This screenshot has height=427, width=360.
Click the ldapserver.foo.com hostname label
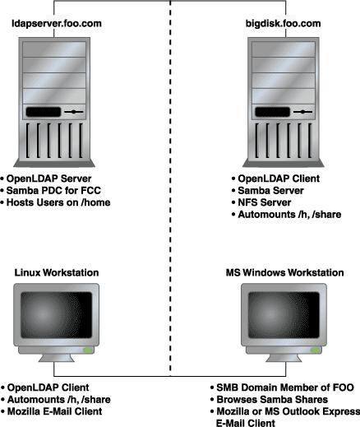pos(57,24)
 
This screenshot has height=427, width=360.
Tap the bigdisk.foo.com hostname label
pos(283,24)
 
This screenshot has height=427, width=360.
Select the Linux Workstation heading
pos(57,272)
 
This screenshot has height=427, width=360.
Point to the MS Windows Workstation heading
pos(284,272)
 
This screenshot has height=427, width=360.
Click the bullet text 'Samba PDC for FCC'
pos(53,190)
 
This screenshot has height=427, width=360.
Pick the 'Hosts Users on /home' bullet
pos(58,202)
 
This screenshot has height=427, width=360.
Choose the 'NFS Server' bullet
pos(265,202)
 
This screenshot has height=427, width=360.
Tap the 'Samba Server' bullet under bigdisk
pos(270,190)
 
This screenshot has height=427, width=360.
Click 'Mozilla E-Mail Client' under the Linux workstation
pos(54,411)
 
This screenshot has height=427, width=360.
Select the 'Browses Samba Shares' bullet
pos(272,399)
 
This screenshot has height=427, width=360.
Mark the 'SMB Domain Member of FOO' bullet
pos(285,388)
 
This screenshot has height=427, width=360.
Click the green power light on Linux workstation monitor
pos(88,350)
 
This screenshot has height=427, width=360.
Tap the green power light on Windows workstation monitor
pos(315,350)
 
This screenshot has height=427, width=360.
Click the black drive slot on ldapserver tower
pos(44,112)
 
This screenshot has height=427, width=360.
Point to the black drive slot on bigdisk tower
pos(272,112)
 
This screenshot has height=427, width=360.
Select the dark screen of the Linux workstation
pos(56,315)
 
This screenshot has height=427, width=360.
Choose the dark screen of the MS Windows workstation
pos(284,315)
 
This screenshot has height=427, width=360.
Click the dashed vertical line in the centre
pos(170,188)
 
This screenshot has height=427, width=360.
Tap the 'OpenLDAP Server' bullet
pos(48,179)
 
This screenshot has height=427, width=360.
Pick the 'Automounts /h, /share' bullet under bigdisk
pos(289,214)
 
